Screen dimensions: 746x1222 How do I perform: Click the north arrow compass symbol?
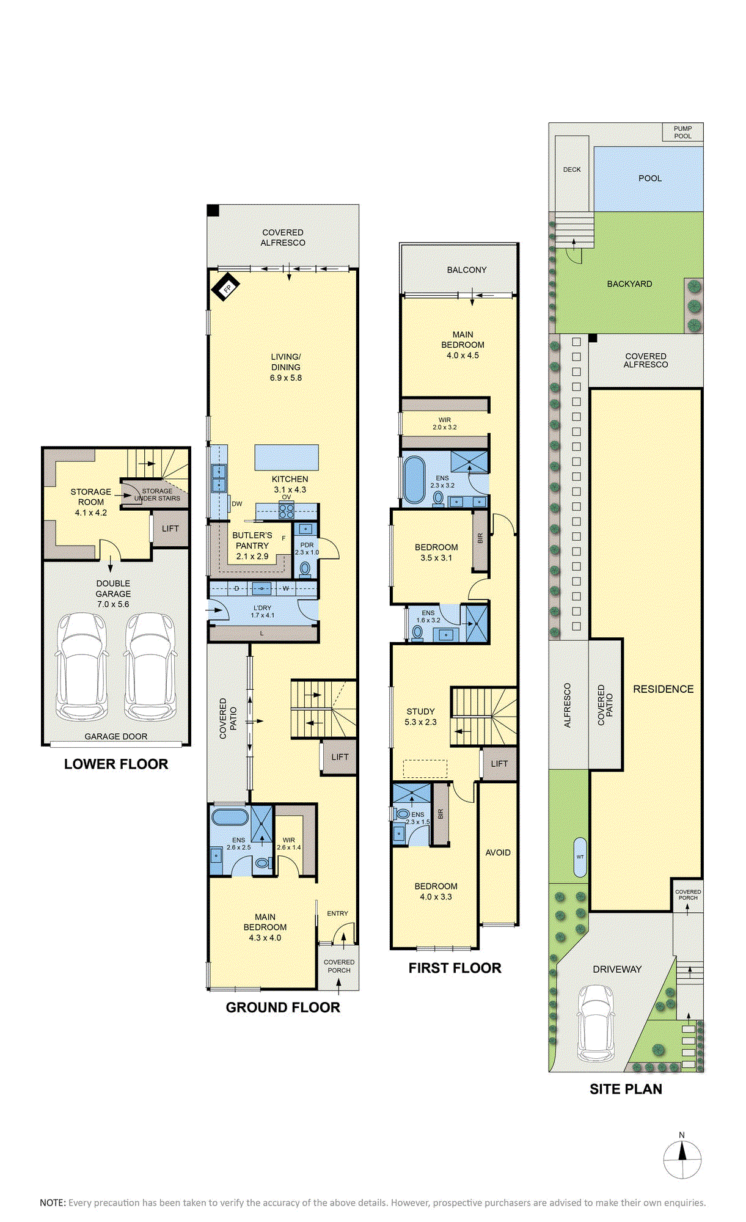(x=682, y=1159)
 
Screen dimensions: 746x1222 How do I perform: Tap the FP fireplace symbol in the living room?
(x=225, y=287)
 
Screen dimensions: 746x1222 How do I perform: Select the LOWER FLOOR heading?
(x=116, y=764)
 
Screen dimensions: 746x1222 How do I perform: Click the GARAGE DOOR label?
(x=116, y=737)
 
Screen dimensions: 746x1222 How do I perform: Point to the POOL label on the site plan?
(x=650, y=178)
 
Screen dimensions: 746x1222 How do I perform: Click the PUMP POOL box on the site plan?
(x=683, y=133)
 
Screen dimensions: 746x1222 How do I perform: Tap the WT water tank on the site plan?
(x=580, y=857)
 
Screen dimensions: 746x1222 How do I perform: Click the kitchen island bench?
(x=287, y=458)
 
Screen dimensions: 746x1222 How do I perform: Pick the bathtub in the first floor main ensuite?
(x=414, y=480)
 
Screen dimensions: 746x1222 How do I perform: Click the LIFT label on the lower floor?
(x=170, y=529)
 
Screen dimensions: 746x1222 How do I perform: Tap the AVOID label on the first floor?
(x=498, y=852)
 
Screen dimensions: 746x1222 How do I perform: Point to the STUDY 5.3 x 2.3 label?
(x=421, y=717)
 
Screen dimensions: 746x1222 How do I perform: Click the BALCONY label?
(x=467, y=270)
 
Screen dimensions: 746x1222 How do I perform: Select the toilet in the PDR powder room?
(x=305, y=569)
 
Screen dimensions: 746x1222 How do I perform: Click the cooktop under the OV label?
(x=287, y=510)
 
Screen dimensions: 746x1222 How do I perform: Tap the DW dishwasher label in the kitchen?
(x=237, y=504)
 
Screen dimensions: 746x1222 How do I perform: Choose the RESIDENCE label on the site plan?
(x=664, y=689)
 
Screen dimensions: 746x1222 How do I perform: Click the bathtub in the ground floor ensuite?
(x=230, y=818)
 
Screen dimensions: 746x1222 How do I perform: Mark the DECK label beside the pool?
(x=572, y=170)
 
